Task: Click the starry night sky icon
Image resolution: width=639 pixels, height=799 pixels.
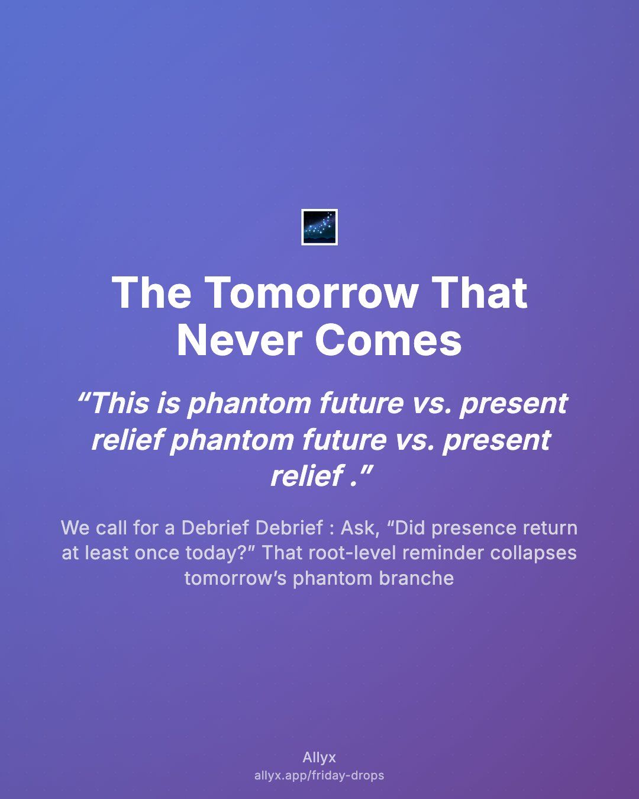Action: [x=319, y=227]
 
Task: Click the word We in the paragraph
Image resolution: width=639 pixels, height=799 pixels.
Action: [x=75, y=527]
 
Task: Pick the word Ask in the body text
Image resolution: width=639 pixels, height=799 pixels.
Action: [x=360, y=527]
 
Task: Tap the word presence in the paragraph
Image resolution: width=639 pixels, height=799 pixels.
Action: [x=474, y=529]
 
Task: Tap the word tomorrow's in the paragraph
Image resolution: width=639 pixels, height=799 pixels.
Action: [x=235, y=578]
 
